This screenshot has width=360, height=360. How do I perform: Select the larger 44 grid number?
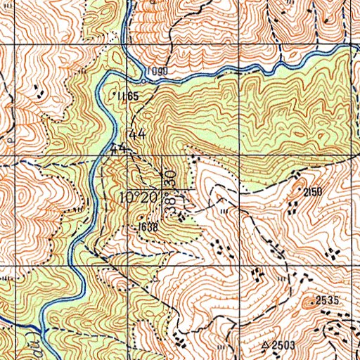pyautogui.click(x=137, y=134)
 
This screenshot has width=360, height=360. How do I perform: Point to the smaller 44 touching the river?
pyautogui.click(x=117, y=148)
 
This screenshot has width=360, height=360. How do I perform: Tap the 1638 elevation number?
pyautogui.click(x=147, y=226)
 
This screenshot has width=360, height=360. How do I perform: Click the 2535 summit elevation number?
pyautogui.click(x=327, y=300)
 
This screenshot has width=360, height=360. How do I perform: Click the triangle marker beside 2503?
pyautogui.click(x=265, y=345)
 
